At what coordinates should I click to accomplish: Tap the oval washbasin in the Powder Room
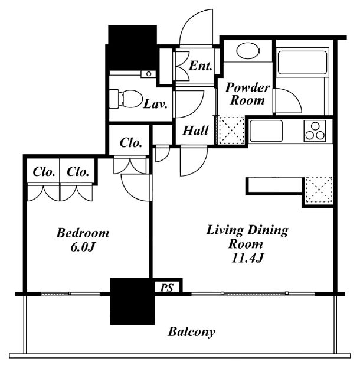pyautogui.click(x=248, y=51)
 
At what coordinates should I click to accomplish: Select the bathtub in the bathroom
pyautogui.click(x=302, y=61)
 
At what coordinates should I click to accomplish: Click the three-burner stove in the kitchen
pyautogui.click(x=315, y=131)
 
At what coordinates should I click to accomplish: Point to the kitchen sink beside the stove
pyautogui.click(x=266, y=131)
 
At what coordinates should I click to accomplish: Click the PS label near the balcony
pyautogui.click(x=167, y=288)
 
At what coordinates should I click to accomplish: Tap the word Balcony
pyautogui.click(x=191, y=332)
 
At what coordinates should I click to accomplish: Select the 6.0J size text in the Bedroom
pyautogui.click(x=83, y=247)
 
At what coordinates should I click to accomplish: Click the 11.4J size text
pyautogui.click(x=247, y=258)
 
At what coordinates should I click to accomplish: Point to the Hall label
pyautogui.click(x=195, y=131)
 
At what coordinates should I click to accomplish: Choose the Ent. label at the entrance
pyautogui.click(x=201, y=66)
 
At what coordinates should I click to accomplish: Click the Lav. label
pyautogui.click(x=155, y=104)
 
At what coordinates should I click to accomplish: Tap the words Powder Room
pyautogui.click(x=247, y=94)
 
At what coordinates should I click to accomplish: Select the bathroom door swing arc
pyautogui.click(x=291, y=97)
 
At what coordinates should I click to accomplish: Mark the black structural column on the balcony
pyautogui.click(x=132, y=301)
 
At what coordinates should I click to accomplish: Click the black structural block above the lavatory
pyautogui.click(x=132, y=47)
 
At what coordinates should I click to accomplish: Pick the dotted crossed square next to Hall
pyautogui.click(x=231, y=130)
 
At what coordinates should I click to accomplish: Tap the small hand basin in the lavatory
pyautogui.click(x=148, y=74)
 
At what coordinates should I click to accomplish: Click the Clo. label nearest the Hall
pyautogui.click(x=130, y=143)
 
